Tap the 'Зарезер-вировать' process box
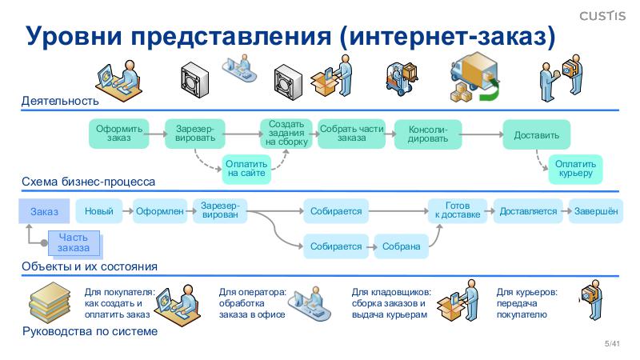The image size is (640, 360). pyautogui.click(x=195, y=133)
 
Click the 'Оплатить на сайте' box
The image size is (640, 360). pyautogui.click(x=246, y=168)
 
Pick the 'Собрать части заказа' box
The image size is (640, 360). pyautogui.click(x=351, y=133)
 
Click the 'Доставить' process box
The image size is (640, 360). pyautogui.click(x=536, y=134)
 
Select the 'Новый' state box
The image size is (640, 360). pyautogui.click(x=99, y=211)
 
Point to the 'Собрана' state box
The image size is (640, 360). pyautogui.click(x=401, y=246)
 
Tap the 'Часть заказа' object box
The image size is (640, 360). pyautogui.click(x=73, y=242)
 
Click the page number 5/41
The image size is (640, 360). pyautogui.click(x=613, y=344)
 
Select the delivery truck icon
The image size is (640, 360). pyautogui.click(x=474, y=76)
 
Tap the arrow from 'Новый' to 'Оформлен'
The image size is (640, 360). pyautogui.click(x=126, y=211)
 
